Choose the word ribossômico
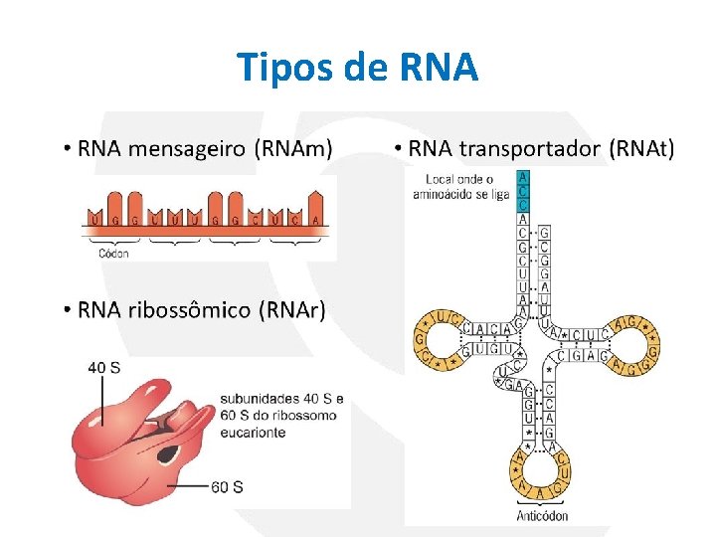point(188,310)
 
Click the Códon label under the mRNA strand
point(113,254)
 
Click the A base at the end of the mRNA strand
point(315,217)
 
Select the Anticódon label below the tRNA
point(543,515)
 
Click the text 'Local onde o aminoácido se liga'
point(459,187)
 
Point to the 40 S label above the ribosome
point(104,367)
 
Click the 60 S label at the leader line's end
point(227,486)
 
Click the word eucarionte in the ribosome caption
point(254,433)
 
